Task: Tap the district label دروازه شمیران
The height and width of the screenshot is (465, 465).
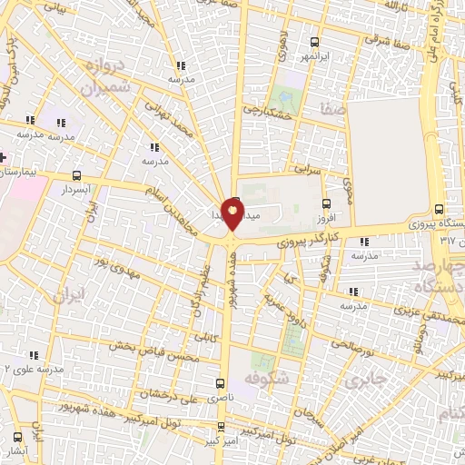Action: click(x=100, y=78)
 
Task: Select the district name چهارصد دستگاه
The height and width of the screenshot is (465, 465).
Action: click(x=437, y=276)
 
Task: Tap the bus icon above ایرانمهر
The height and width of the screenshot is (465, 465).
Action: click(x=314, y=41)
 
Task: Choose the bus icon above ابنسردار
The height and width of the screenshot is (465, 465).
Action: click(x=75, y=175)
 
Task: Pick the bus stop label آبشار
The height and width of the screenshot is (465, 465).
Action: click(x=15, y=451)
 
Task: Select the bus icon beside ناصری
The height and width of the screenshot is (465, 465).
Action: click(x=220, y=383)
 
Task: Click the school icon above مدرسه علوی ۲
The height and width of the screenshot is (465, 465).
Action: click(x=34, y=355)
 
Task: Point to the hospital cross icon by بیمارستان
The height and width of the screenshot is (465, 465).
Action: click(x=4, y=157)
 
